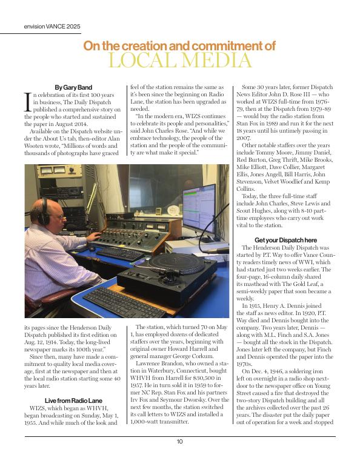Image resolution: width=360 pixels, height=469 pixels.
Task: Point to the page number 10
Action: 180,442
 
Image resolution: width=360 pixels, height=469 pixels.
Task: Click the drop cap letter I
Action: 27,100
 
